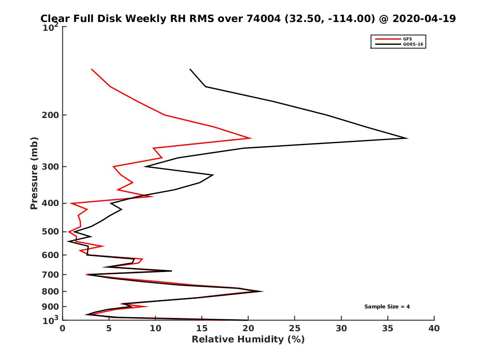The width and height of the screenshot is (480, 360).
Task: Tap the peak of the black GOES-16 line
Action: click(407, 138)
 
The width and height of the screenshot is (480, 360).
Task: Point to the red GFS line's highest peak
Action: click(250, 138)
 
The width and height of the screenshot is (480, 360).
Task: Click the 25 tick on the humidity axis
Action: click(295, 328)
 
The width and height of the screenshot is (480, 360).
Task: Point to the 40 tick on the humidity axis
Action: click(434, 328)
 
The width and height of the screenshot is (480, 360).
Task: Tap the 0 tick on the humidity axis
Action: click(63, 328)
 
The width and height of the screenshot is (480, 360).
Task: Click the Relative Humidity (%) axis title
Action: click(248, 340)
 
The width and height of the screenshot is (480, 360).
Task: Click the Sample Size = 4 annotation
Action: click(387, 307)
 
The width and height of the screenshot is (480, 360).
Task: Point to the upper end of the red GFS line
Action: click(92, 69)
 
